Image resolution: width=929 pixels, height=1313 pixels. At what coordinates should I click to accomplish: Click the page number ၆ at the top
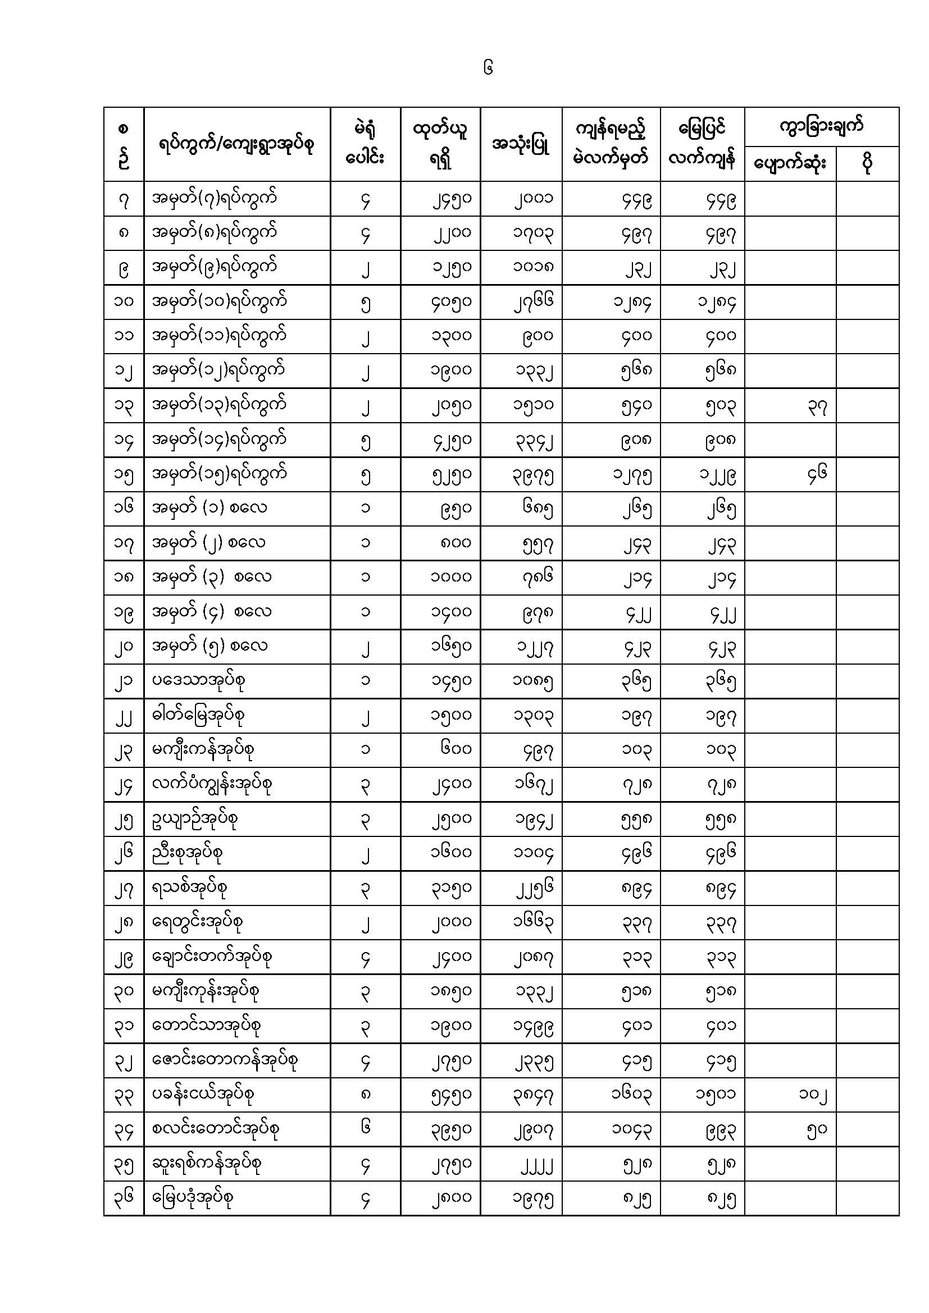488,69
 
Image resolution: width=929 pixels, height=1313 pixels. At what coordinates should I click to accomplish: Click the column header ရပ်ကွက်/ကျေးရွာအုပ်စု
236,145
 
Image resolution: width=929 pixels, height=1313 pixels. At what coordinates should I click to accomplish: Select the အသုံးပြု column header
521,145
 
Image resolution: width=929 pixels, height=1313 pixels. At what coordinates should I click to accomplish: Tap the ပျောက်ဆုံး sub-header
790,164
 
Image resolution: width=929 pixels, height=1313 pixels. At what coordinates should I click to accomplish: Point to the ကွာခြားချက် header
821,127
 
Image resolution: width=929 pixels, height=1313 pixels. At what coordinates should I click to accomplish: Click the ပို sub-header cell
867,164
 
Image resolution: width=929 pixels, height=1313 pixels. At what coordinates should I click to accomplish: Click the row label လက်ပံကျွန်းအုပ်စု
211,784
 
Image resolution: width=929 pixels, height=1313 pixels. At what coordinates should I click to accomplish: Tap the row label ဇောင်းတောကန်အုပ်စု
225,1060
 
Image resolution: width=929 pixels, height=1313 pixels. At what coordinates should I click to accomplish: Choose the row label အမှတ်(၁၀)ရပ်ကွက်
219,301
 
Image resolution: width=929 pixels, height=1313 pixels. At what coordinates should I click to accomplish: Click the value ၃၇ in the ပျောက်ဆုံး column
817,406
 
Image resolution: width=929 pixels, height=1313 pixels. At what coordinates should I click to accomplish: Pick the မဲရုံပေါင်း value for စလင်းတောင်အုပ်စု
366,1128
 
